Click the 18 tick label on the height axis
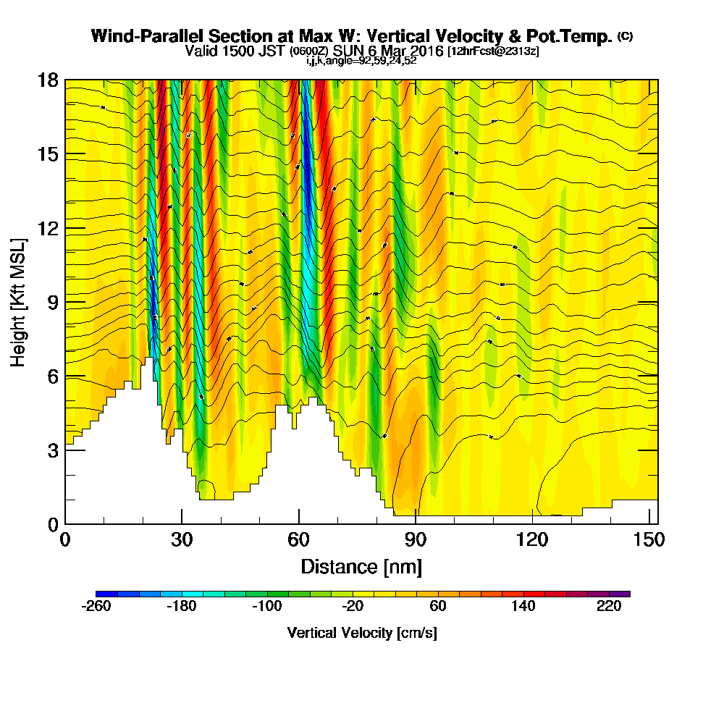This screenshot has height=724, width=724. click(x=48, y=80)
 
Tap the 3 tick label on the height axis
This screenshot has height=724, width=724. click(x=52, y=450)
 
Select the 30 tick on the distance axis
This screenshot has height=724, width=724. click(x=182, y=523)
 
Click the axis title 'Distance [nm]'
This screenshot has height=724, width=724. click(x=361, y=566)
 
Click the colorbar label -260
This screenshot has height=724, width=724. click(x=96, y=607)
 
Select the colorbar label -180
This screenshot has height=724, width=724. click(x=182, y=607)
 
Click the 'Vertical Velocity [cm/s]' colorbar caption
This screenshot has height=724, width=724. click(x=362, y=633)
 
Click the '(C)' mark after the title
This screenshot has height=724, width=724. click(x=625, y=35)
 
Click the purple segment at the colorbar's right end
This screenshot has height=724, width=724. click(x=623, y=594)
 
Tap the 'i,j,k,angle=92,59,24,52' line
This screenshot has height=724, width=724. click(x=361, y=61)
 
